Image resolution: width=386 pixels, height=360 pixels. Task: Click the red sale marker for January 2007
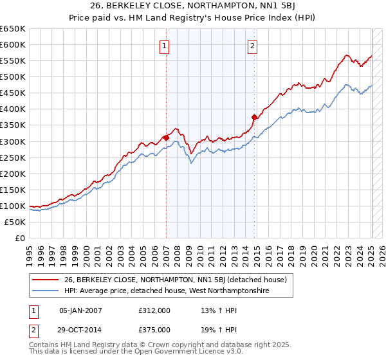(x=166, y=137)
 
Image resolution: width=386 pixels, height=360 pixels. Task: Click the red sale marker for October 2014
(x=255, y=117)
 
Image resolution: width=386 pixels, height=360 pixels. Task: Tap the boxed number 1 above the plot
(x=165, y=46)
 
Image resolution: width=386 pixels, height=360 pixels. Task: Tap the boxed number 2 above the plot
(x=253, y=46)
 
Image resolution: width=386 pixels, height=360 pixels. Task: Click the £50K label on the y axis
(x=15, y=222)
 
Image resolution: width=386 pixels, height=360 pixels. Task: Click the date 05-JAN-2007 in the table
(x=80, y=310)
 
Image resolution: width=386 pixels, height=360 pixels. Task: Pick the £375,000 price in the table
(x=154, y=330)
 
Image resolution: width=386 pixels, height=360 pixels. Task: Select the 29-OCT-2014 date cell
(x=80, y=330)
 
